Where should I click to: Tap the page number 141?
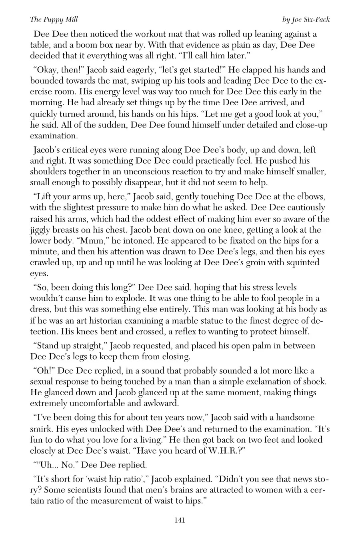click(180, 520)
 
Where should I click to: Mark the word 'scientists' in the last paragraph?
click(86, 490)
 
